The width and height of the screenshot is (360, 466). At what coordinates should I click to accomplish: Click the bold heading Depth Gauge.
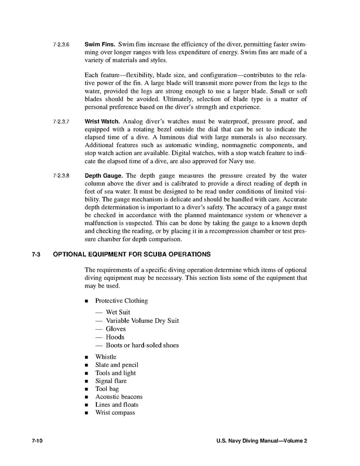coord(104,176)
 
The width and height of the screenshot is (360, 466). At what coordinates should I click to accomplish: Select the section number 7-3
coord(36,255)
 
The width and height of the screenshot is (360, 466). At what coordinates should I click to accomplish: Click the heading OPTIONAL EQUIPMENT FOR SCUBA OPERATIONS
coord(132,255)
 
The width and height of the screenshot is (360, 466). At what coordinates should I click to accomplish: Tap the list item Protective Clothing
coord(121,301)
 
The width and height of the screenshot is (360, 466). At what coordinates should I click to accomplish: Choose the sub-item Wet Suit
coord(118,313)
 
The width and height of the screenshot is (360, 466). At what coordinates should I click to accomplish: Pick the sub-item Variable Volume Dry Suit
coord(142,321)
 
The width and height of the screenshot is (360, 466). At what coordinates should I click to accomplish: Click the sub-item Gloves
coord(116,329)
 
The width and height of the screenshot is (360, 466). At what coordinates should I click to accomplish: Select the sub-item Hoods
coord(115,337)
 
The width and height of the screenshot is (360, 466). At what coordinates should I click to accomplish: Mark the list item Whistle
coord(106,357)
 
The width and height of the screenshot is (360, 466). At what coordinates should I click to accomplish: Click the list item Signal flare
coord(111,381)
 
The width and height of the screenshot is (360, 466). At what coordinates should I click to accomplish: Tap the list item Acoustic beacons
coord(119,397)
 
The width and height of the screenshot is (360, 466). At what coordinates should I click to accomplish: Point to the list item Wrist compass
coord(115,413)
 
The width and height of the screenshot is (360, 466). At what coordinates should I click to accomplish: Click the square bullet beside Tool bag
coord(86,389)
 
